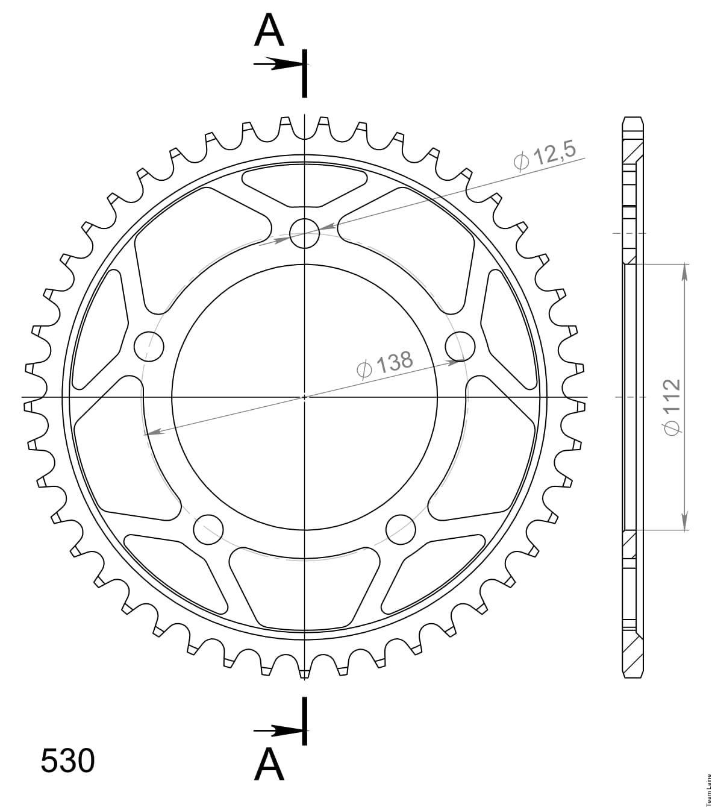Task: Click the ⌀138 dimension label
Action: point(385,363)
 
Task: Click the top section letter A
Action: point(269,30)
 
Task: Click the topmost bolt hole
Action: point(305,233)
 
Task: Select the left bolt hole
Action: point(149,346)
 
